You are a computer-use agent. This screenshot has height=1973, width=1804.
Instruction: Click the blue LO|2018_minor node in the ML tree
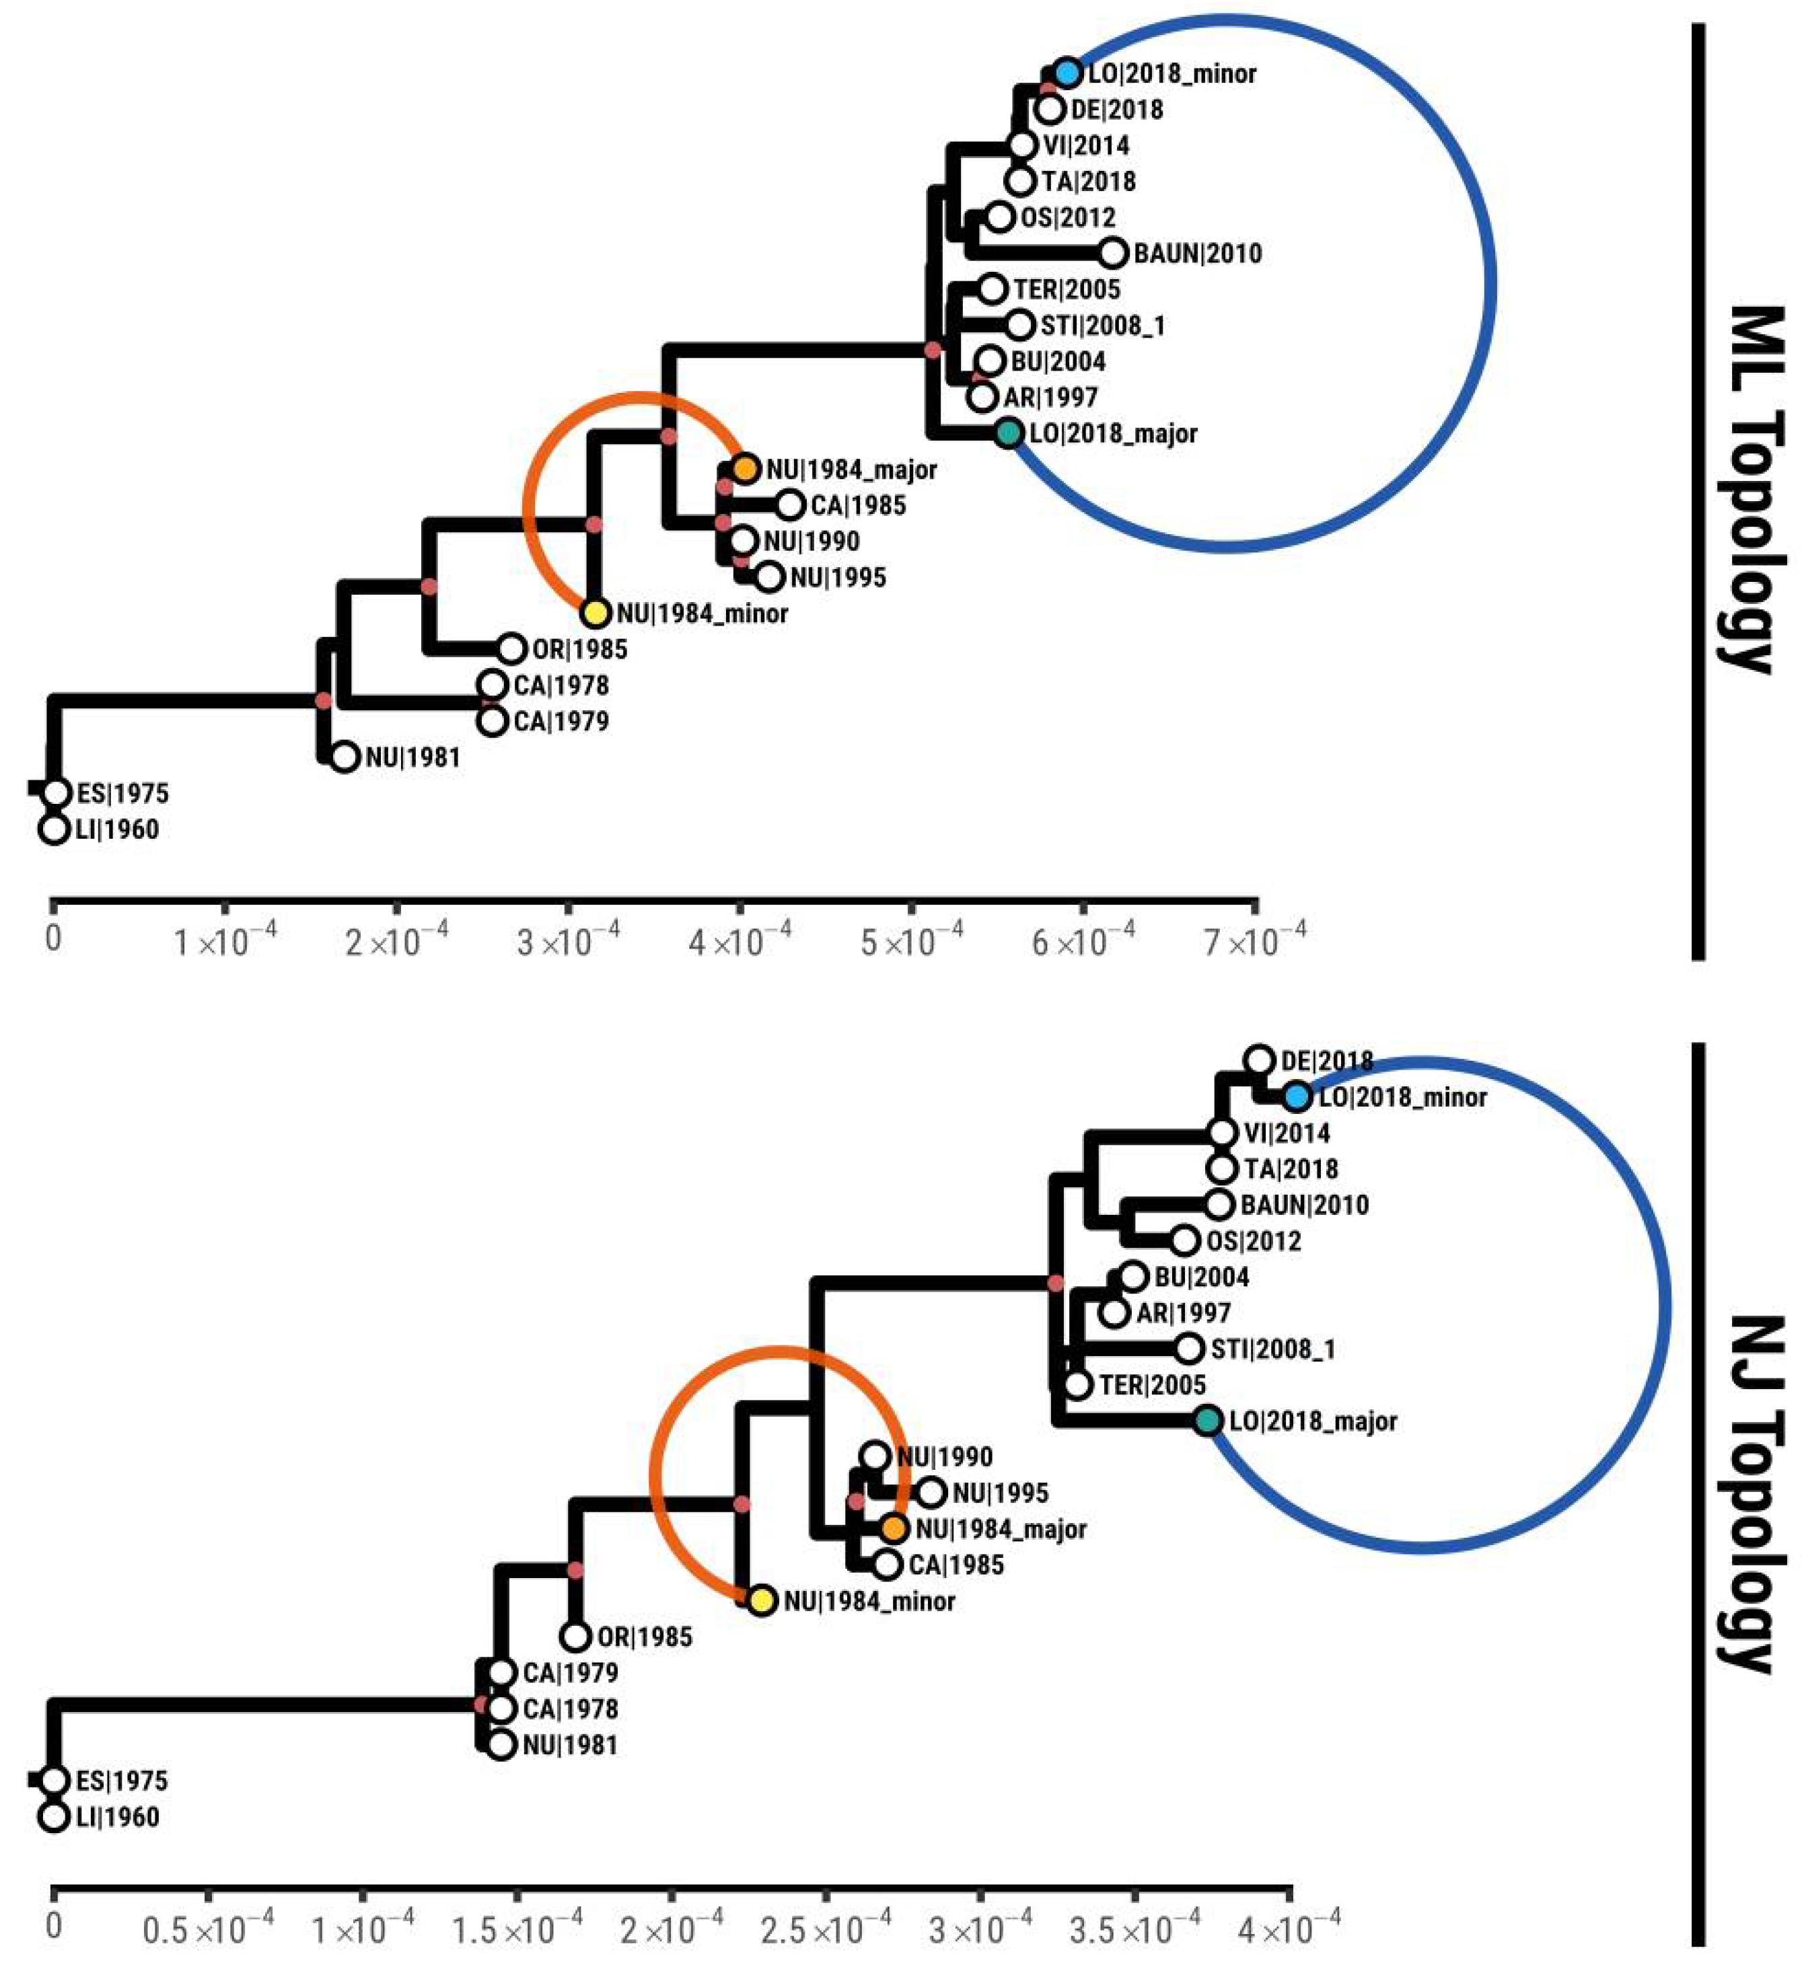[x=1067, y=73]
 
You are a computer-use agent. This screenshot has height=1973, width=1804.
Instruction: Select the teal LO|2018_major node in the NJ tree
[x=1208, y=1420]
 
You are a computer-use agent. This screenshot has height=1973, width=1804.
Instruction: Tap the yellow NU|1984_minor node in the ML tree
[x=595, y=613]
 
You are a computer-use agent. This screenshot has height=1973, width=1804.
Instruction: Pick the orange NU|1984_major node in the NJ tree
[x=894, y=1528]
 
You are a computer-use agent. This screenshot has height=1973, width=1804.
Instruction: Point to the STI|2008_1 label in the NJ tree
[x=1272, y=1349]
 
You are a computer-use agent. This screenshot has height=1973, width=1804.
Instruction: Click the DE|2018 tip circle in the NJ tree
[x=1259, y=1060]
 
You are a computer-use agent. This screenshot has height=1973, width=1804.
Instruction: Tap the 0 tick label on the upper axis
[x=53, y=938]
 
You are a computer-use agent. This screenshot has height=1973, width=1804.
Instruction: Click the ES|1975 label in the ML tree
[x=122, y=792]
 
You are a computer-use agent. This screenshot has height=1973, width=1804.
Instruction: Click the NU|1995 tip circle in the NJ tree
[x=931, y=1493]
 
